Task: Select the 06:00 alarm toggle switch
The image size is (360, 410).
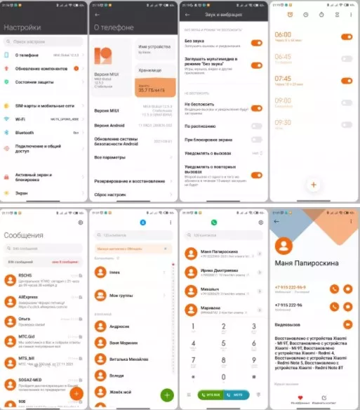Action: click(346, 36)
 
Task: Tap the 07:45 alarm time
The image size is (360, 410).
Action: click(283, 79)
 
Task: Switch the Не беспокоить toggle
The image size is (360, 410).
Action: click(256, 108)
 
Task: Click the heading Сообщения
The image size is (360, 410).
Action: click(24, 235)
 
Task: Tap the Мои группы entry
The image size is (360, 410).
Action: click(121, 296)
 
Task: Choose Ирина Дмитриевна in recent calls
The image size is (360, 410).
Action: click(219, 270)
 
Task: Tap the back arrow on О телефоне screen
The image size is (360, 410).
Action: click(97, 14)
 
